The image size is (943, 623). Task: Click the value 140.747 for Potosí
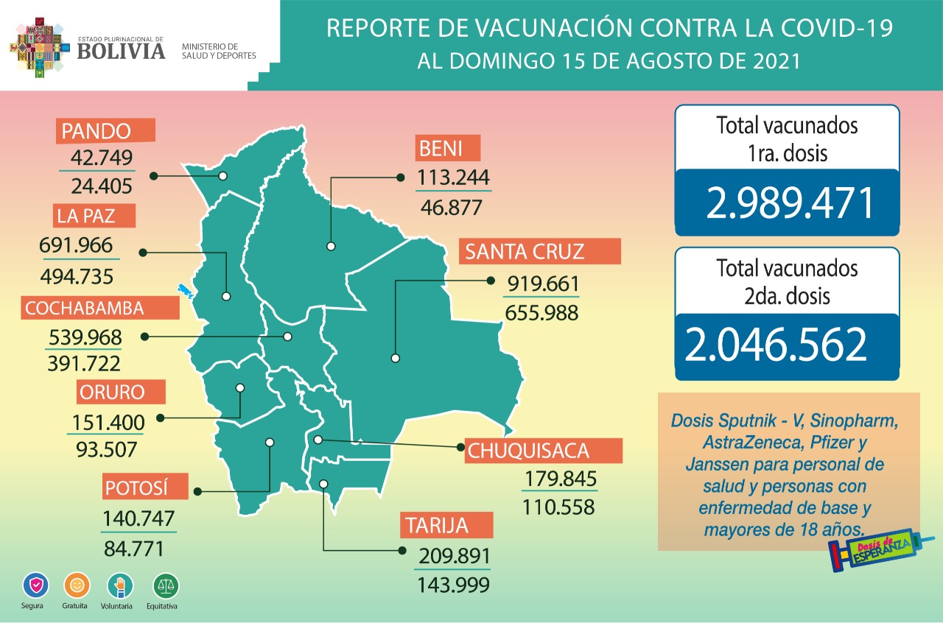click(x=139, y=518)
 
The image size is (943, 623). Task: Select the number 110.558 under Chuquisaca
click(x=558, y=507)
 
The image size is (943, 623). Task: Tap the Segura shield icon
click(x=35, y=586)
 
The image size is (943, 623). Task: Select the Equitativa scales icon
click(x=166, y=586)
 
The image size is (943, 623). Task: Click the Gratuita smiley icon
click(x=77, y=586)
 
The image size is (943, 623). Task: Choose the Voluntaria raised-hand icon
click(x=121, y=586)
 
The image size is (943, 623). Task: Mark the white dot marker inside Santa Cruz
click(x=396, y=359)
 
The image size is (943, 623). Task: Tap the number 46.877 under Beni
click(x=451, y=207)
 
